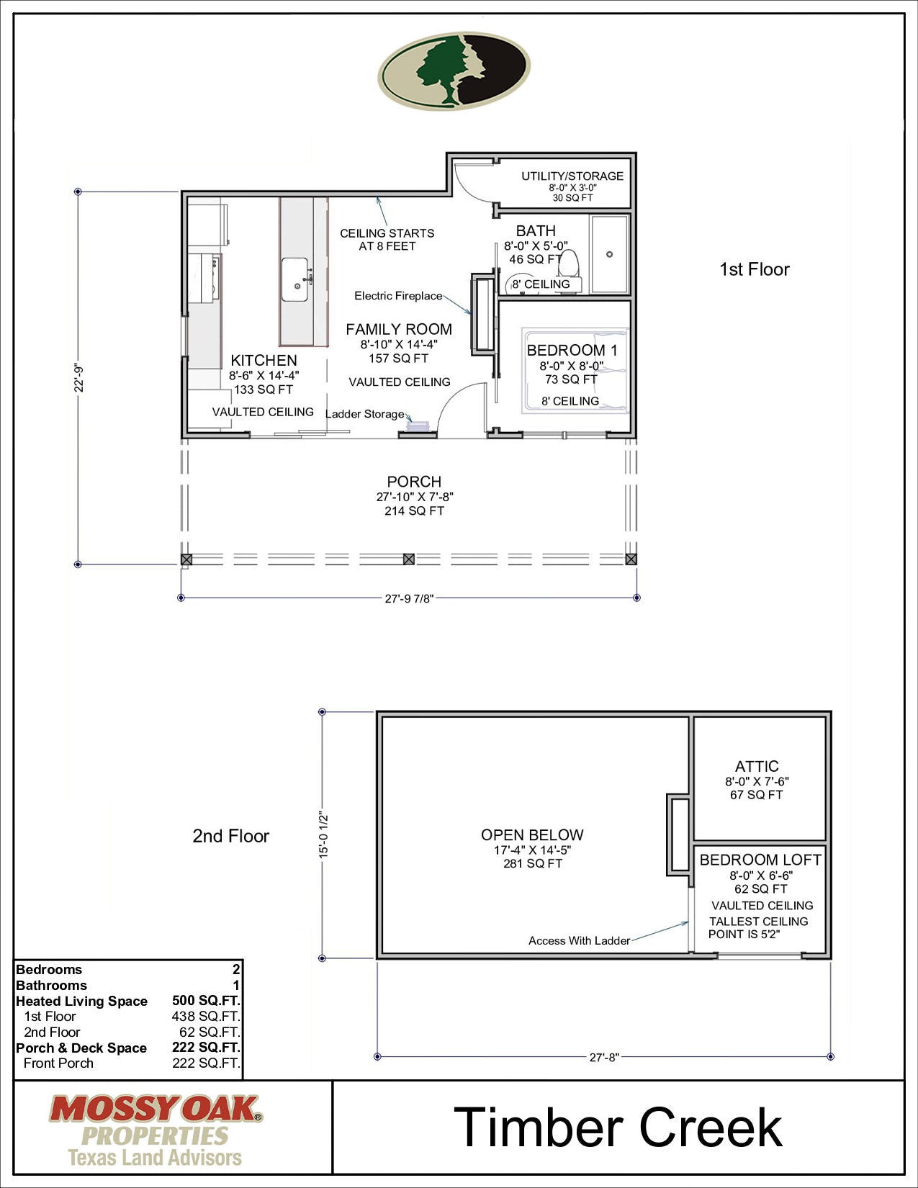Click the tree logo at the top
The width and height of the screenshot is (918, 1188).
454,70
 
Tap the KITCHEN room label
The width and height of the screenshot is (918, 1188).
264,360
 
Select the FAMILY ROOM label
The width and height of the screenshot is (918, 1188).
399,329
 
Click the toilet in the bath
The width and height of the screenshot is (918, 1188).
570,263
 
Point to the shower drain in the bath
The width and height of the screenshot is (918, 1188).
610,254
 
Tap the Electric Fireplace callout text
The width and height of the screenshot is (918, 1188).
398,296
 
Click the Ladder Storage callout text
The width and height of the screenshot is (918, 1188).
365,414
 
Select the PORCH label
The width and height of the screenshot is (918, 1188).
414,482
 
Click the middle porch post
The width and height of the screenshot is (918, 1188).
408,559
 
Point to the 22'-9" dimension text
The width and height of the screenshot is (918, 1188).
80,378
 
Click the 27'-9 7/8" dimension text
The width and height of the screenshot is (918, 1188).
409,598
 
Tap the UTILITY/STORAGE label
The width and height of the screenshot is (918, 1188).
572,176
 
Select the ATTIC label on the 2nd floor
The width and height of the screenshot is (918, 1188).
757,766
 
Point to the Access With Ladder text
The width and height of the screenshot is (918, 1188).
579,940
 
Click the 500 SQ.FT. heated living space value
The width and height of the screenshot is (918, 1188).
206,1001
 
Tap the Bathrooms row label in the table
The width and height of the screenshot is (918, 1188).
51,985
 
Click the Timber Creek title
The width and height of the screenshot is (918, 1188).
618,1127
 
